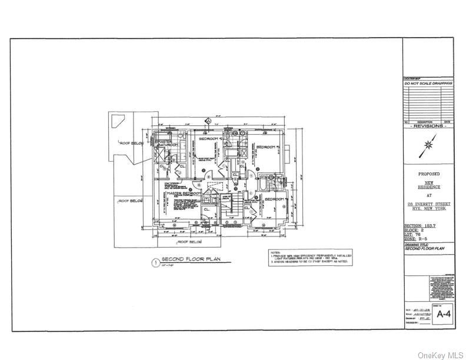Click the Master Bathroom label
click(x=167, y=142)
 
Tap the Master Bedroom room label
click(x=182, y=193)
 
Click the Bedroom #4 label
click(x=274, y=199)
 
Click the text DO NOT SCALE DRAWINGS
click(x=428, y=84)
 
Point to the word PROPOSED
click(x=428, y=174)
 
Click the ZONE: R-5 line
click(x=417, y=239)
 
